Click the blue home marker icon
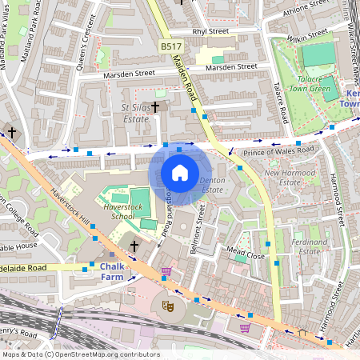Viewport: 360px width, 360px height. (x=180, y=173)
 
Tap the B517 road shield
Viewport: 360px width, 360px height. (x=169, y=48)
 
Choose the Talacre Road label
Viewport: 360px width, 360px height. (x=279, y=104)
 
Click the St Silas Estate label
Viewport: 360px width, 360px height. (x=134, y=112)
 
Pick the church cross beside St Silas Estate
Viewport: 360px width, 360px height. (x=155, y=106)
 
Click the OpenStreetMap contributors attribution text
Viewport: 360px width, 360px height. (x=80, y=354)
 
